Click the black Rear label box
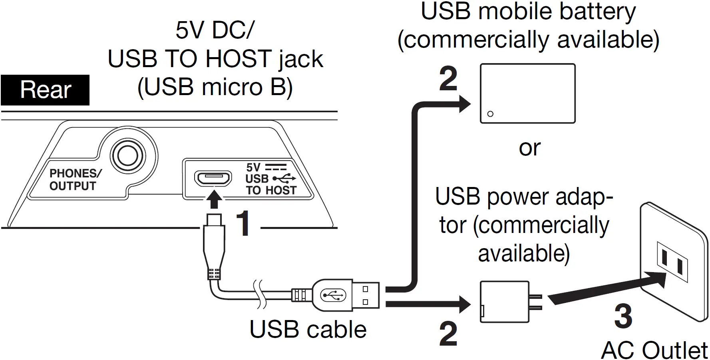click(x=45, y=90)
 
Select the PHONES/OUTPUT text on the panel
click(x=75, y=180)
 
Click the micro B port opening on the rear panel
click(x=213, y=179)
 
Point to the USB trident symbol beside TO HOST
click(x=284, y=178)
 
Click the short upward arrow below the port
click(x=215, y=199)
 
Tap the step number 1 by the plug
click(x=243, y=224)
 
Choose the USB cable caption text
click(x=308, y=330)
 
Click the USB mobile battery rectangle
click(x=527, y=93)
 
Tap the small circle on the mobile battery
click(x=490, y=114)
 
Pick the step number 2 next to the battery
click(x=448, y=79)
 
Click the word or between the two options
click(x=529, y=148)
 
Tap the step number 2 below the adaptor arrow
click(x=448, y=334)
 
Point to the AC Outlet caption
click(x=654, y=350)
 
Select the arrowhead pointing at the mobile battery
click(x=464, y=104)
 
